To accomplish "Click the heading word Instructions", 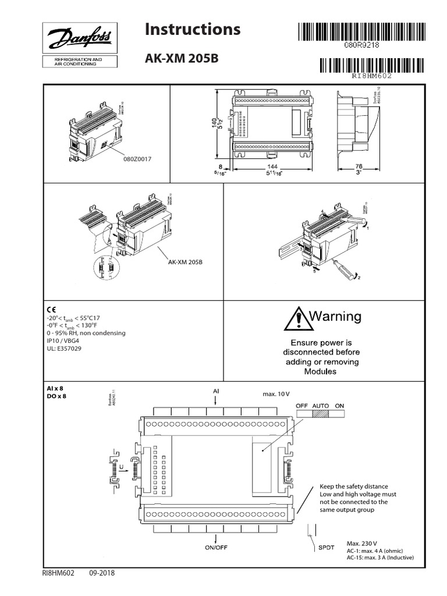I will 192,29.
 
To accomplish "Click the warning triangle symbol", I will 297,318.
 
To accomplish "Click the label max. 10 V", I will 275,394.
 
